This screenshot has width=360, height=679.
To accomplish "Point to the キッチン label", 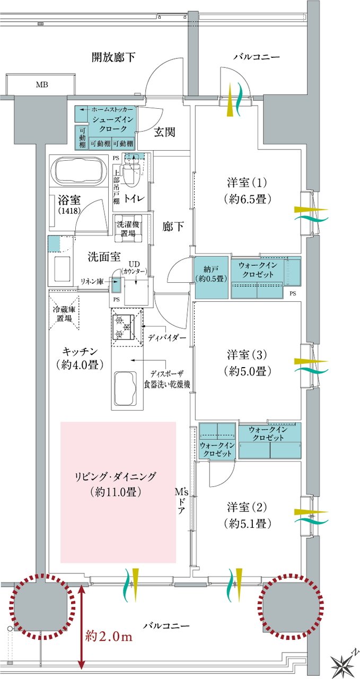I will tap(81, 357).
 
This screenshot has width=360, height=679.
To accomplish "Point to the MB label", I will tap(41, 84).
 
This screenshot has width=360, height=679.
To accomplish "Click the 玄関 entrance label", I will tap(165, 132).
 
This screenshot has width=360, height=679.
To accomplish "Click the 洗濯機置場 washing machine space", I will tap(130, 229).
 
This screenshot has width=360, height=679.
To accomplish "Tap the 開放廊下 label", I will tap(113, 57).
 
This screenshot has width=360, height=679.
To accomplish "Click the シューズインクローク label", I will tap(109, 124).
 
